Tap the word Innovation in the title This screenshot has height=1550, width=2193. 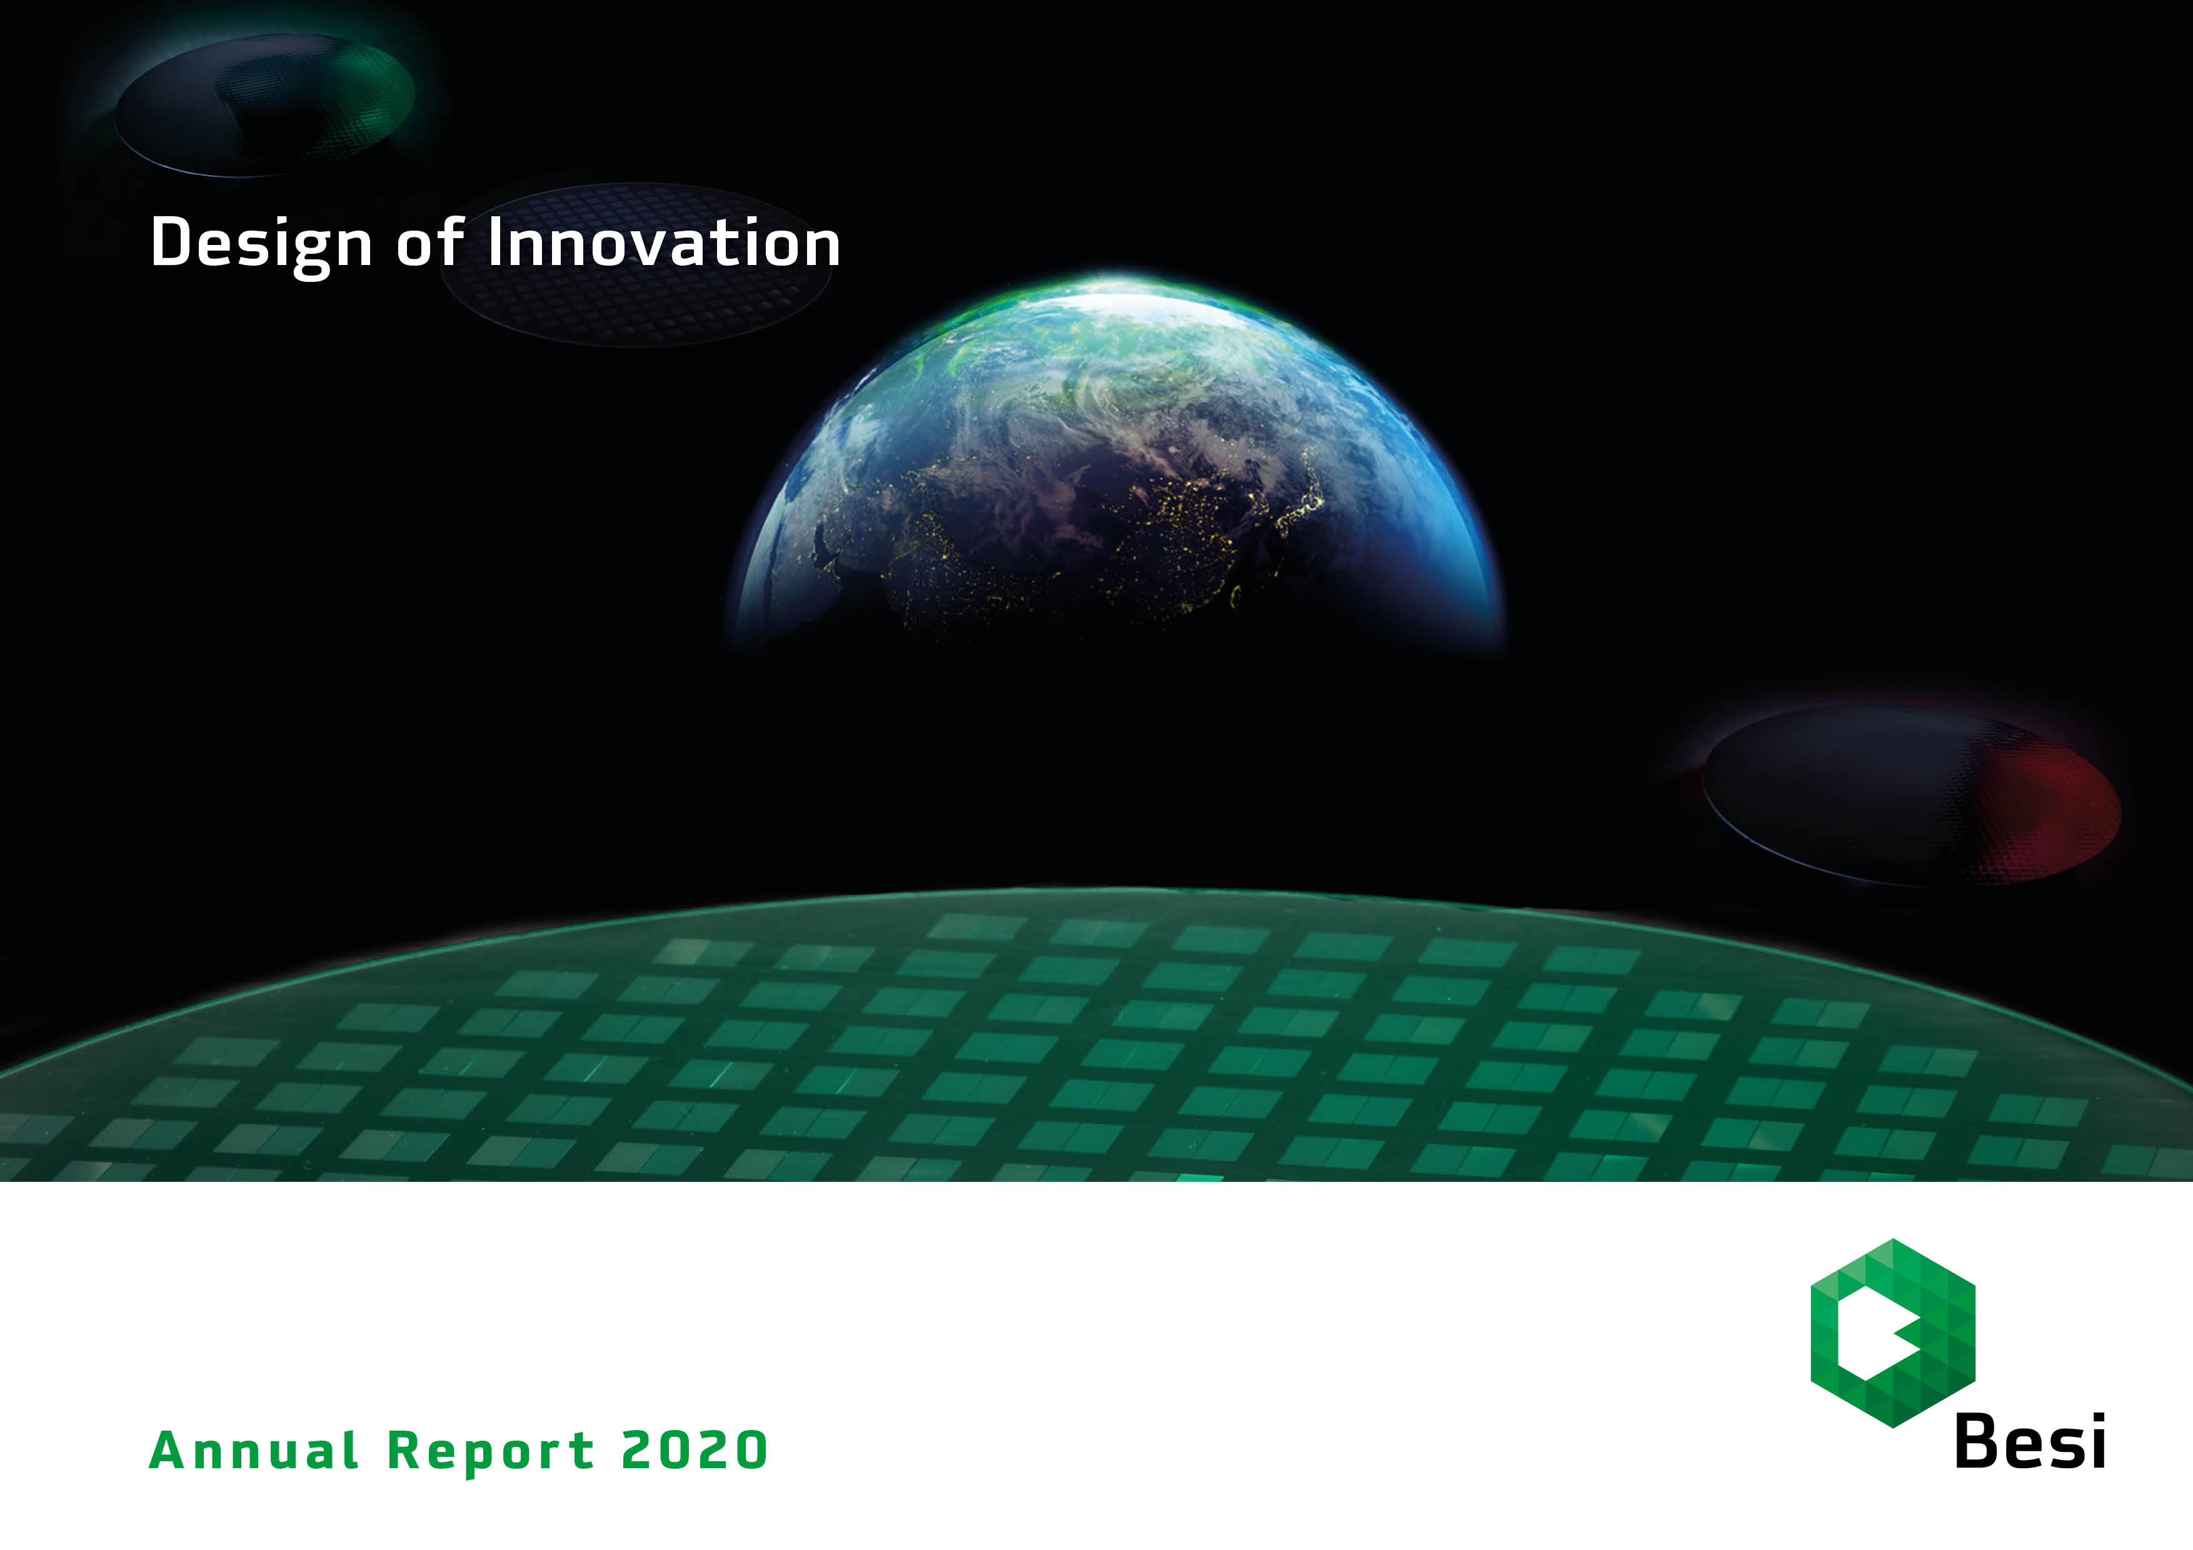[664, 242]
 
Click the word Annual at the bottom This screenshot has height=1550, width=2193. [254, 1450]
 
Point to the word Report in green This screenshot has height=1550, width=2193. [491, 1452]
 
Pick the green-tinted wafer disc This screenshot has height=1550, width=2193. [266, 105]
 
